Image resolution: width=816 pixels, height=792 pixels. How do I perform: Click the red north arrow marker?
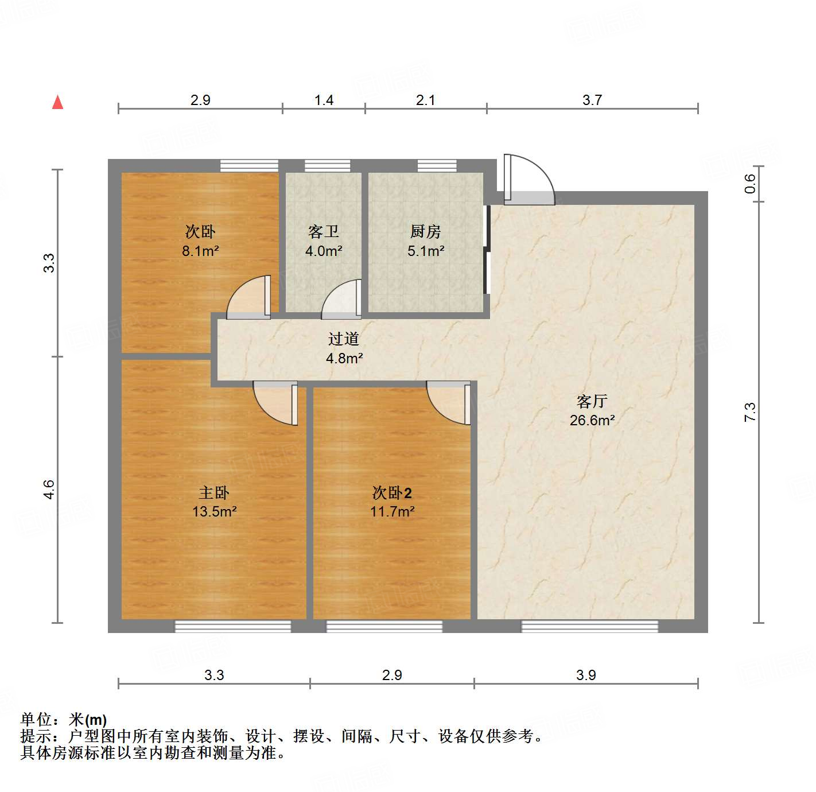click(57, 102)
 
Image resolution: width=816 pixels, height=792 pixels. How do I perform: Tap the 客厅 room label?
click(592, 401)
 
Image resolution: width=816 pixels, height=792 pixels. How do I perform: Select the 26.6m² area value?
click(592, 420)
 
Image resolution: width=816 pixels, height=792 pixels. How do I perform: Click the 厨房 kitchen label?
click(425, 231)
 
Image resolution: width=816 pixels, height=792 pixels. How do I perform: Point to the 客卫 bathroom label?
click(324, 231)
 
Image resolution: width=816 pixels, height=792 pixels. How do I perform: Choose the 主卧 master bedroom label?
click(214, 492)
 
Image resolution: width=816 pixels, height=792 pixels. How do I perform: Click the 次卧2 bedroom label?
click(392, 492)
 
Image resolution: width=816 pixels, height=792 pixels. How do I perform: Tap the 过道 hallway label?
click(344, 339)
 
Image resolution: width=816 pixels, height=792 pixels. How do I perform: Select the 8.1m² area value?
click(200, 251)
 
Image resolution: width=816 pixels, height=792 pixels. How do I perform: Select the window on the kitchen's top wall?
click(437, 166)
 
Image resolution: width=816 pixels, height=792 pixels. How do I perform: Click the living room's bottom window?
click(589, 626)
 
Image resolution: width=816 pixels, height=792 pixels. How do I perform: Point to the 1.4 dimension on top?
click(324, 100)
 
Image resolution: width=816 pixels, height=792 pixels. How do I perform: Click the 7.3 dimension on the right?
click(749, 412)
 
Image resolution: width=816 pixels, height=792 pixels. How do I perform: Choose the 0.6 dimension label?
click(749, 184)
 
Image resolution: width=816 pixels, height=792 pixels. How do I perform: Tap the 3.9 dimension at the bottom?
click(586, 675)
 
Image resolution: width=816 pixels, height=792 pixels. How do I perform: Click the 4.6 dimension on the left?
click(49, 490)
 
